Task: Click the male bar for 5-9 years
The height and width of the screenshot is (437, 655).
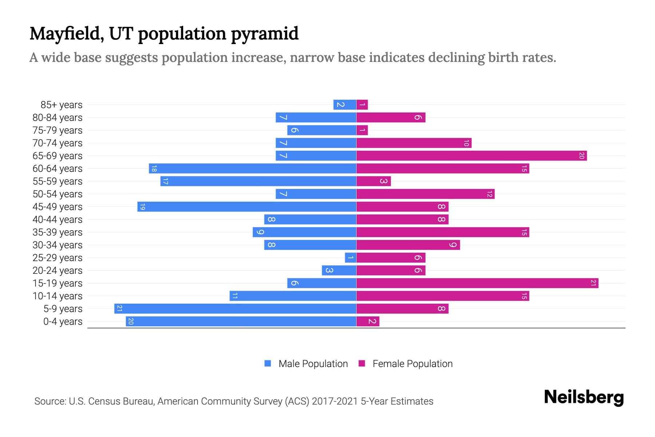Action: click(x=235, y=308)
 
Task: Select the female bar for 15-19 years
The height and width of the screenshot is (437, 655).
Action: click(x=477, y=283)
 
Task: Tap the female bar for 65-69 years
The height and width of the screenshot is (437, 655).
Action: click(x=471, y=155)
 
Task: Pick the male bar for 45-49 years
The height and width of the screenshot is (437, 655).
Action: click(x=247, y=206)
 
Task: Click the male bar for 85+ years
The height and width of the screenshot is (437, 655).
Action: click(x=345, y=105)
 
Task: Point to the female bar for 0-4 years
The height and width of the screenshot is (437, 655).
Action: click(x=368, y=321)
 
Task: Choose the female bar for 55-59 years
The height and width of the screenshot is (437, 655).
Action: click(x=373, y=181)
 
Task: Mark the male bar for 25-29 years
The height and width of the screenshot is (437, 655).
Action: click(x=350, y=257)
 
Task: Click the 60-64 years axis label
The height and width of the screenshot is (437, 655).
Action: click(x=57, y=169)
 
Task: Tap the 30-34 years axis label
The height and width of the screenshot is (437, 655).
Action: click(x=57, y=245)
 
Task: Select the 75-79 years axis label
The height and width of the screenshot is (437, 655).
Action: click(x=57, y=130)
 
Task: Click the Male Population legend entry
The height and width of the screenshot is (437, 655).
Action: click(x=306, y=363)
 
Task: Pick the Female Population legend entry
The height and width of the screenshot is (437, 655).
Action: click(x=406, y=363)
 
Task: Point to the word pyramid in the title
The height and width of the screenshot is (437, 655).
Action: click(x=265, y=34)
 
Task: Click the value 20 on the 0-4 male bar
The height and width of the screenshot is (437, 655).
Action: click(x=131, y=321)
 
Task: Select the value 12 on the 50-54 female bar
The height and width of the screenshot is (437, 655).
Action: click(x=489, y=194)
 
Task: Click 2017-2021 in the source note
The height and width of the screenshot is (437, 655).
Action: click(x=334, y=401)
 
